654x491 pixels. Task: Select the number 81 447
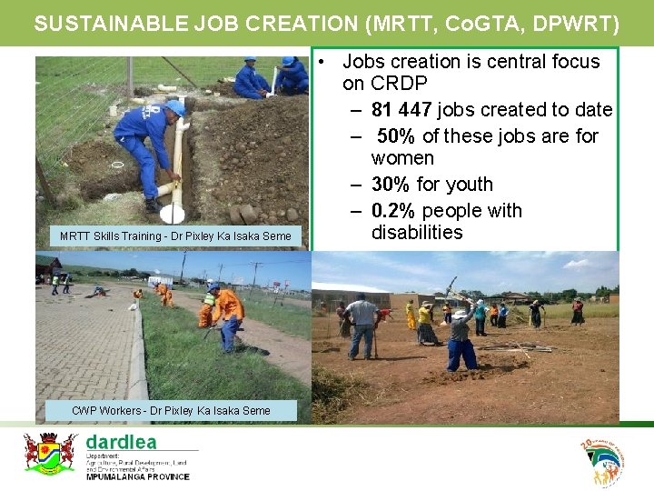coord(402,110)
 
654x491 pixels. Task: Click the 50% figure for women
coord(397,136)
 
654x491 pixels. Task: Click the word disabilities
coord(417,233)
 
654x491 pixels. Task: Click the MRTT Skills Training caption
coord(175,236)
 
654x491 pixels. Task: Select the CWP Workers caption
coord(171,411)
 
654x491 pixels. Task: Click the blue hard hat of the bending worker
coord(175,108)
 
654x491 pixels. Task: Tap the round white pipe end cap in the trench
coord(172,214)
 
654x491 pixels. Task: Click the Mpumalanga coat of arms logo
coord(49,453)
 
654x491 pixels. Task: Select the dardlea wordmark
coord(121,442)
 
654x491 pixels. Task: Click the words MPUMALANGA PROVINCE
coord(137,476)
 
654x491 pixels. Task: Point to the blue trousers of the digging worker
coord(461,354)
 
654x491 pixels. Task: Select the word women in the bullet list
coord(402,158)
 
